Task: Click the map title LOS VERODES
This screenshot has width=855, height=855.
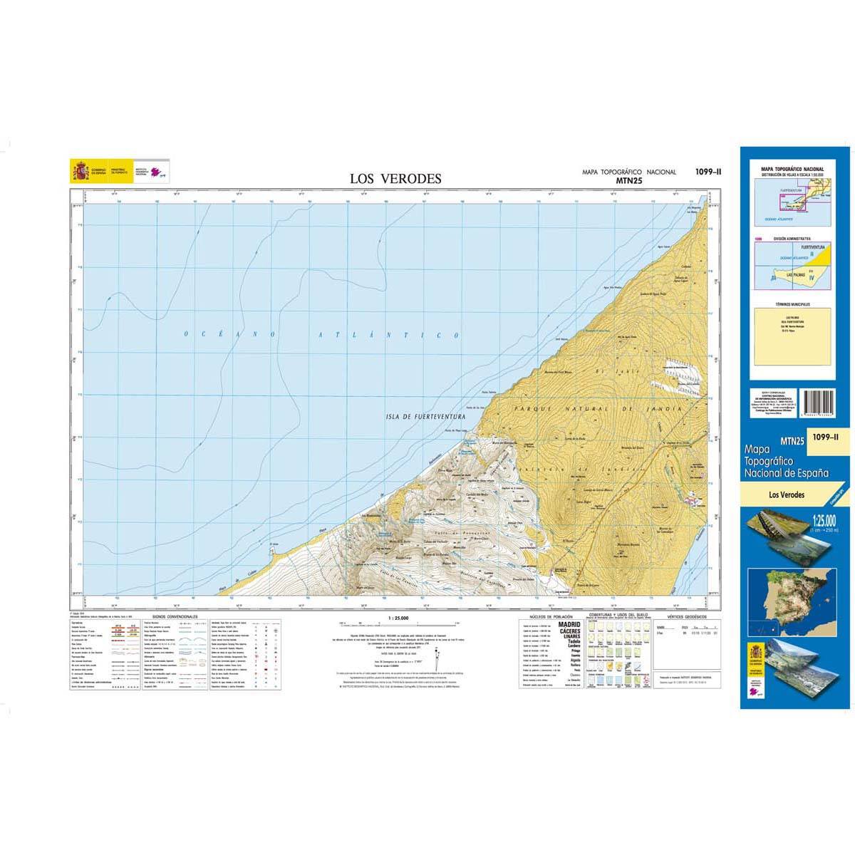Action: pyautogui.click(x=395, y=179)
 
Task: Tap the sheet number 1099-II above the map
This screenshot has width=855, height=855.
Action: pyautogui.click(x=708, y=171)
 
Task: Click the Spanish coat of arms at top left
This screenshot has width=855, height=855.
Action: pyautogui.click(x=79, y=172)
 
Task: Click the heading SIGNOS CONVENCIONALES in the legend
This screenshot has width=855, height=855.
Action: pyautogui.click(x=175, y=617)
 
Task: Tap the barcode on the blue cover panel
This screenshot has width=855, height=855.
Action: pyautogui.click(x=820, y=403)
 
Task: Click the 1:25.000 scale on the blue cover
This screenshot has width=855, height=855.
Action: pyautogui.click(x=822, y=521)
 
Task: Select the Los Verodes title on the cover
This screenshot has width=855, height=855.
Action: pyautogui.click(x=787, y=494)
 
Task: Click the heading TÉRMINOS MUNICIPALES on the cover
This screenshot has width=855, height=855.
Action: pyautogui.click(x=793, y=304)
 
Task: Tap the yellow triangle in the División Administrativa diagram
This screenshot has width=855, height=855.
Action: pyautogui.click(x=822, y=254)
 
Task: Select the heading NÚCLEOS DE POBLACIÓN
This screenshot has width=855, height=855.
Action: pyautogui.click(x=547, y=617)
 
